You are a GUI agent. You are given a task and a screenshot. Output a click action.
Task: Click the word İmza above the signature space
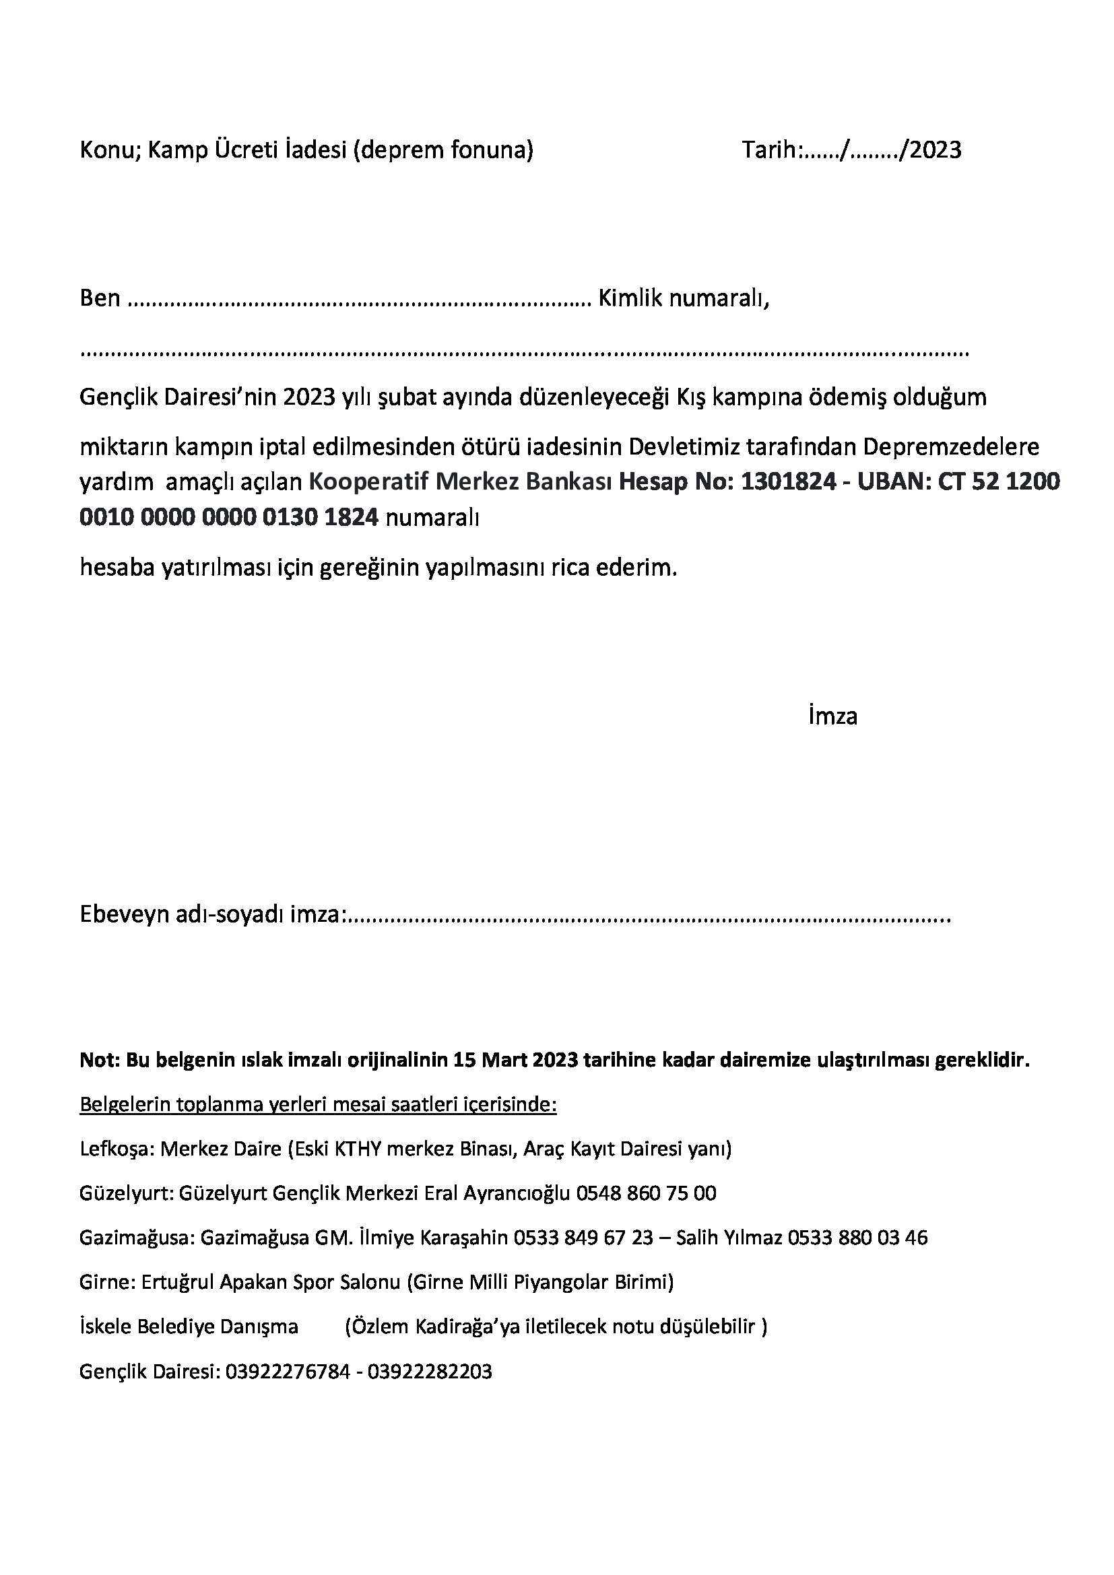coord(832,716)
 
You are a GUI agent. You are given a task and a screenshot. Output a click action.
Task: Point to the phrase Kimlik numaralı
coord(684,298)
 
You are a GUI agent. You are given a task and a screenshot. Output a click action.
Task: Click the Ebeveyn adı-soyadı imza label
coord(211,915)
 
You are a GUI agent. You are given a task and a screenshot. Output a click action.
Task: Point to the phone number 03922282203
coord(430,1371)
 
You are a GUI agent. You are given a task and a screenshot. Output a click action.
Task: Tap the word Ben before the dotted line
coord(100,298)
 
